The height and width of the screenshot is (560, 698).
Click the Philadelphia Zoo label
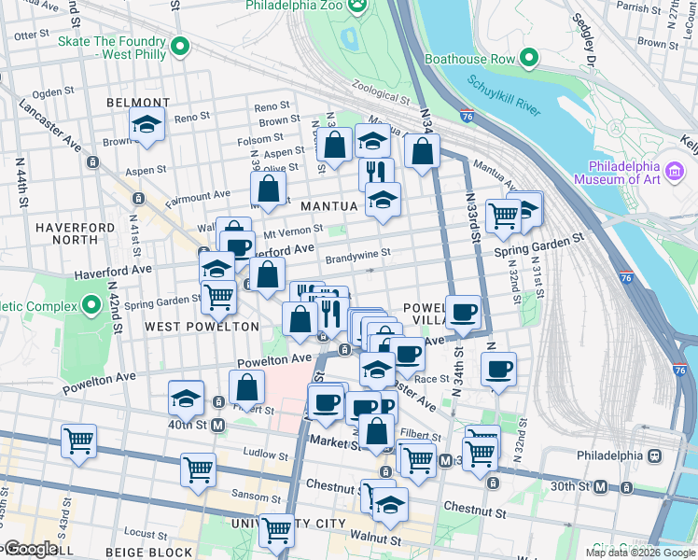click(x=295, y=6)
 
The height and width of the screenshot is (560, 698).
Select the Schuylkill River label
click(x=503, y=96)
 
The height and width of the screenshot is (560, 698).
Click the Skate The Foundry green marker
click(x=176, y=46)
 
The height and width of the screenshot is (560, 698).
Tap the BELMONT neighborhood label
click(x=138, y=103)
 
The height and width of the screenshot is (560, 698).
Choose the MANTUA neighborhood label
click(x=329, y=205)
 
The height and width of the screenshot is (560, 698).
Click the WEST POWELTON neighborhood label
click(x=202, y=327)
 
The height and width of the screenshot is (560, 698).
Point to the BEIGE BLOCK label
click(x=157, y=553)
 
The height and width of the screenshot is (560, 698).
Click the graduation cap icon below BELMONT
click(x=147, y=124)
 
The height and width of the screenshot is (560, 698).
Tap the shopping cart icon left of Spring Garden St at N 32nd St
click(x=503, y=216)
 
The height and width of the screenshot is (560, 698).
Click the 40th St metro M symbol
click(x=218, y=426)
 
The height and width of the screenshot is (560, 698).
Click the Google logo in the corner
click(x=30, y=549)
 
